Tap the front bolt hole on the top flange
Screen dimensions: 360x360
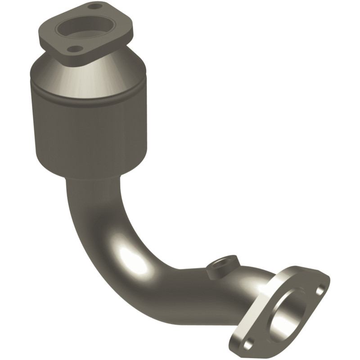coord(76,49)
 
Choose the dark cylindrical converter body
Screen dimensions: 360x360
coord(90,130)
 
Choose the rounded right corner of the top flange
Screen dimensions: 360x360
coord(130,31)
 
